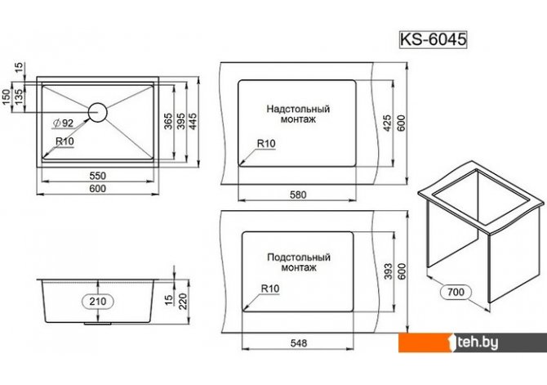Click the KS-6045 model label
coord(433,39)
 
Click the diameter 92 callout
coord(63,123)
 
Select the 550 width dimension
coord(98,176)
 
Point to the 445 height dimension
coord(193,121)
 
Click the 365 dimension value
coord(168,121)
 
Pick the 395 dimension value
coord(180,121)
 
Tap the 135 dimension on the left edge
coord(19,96)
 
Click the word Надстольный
coord(298,109)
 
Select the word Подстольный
coord(299,257)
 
